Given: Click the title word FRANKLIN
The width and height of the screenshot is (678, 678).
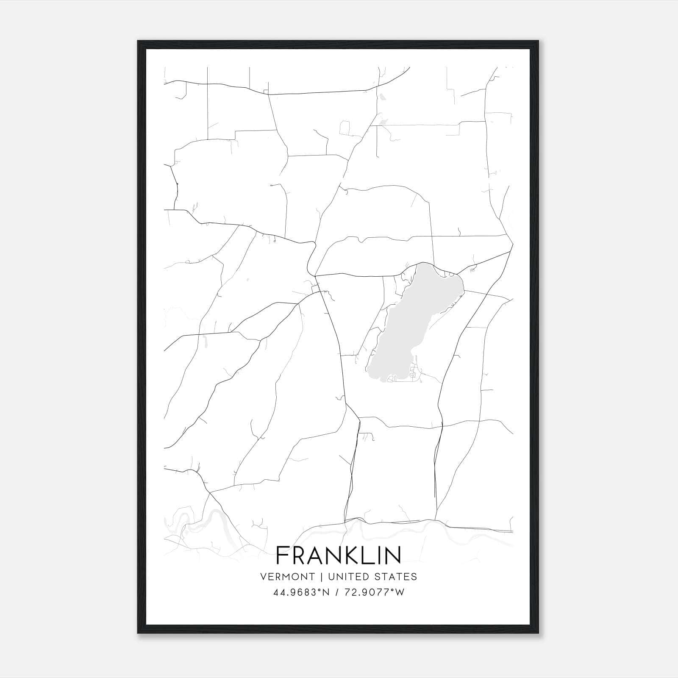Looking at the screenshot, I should (x=338, y=555).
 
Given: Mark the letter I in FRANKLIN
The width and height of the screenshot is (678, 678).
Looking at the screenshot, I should (x=378, y=555).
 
